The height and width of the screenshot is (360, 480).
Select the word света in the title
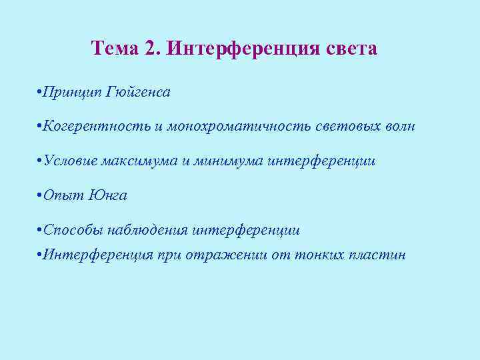(351, 49)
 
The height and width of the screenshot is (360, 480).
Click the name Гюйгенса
(138, 91)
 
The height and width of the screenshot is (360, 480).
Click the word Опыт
(63, 195)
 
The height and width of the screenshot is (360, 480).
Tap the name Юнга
(107, 195)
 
